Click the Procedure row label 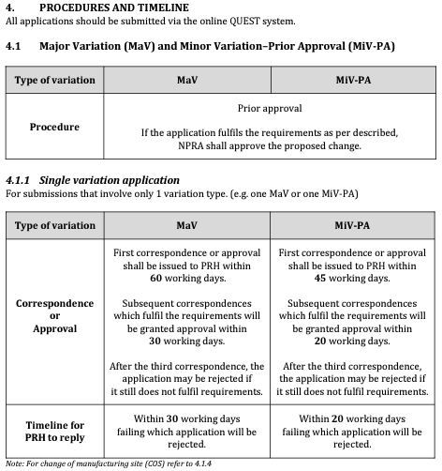pos(54,126)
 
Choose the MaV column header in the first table pos(186,81)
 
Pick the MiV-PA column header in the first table pos(352,81)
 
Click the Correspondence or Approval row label pos(54,316)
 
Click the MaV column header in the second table pos(186,225)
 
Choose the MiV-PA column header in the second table pos(352,225)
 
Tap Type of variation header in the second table pos(54,225)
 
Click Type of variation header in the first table pos(54,81)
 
